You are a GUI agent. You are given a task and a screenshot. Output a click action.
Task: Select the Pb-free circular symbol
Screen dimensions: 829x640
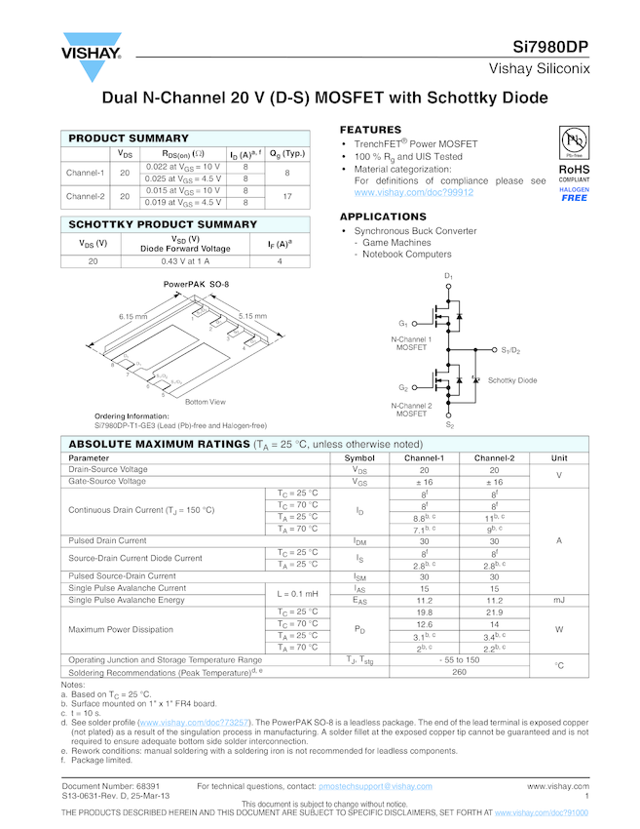(x=574, y=140)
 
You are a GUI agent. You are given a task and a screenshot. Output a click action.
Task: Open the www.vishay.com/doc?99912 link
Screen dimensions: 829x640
(x=414, y=193)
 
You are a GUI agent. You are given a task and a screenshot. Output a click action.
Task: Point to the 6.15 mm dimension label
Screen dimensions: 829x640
(x=133, y=316)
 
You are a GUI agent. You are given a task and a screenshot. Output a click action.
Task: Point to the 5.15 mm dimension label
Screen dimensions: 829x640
(x=252, y=315)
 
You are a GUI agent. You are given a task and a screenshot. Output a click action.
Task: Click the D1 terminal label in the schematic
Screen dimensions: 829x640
(x=449, y=277)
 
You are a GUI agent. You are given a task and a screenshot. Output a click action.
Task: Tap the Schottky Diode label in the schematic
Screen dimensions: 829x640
(x=512, y=380)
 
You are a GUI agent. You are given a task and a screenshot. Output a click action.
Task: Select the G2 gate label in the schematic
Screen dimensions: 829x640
(x=402, y=388)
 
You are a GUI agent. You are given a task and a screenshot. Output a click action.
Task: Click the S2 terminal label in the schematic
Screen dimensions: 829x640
(x=449, y=425)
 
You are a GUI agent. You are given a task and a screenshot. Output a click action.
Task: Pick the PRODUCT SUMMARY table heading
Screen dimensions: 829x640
(x=129, y=138)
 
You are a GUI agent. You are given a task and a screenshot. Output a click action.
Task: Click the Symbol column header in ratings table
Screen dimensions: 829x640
(x=359, y=457)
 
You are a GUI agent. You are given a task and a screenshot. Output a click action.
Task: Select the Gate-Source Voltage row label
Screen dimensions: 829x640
(x=107, y=482)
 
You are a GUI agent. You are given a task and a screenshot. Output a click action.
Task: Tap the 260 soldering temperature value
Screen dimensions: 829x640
(x=459, y=672)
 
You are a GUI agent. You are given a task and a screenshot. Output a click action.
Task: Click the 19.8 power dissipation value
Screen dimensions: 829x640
(x=424, y=612)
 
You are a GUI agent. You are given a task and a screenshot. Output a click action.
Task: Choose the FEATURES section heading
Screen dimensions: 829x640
(x=370, y=130)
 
